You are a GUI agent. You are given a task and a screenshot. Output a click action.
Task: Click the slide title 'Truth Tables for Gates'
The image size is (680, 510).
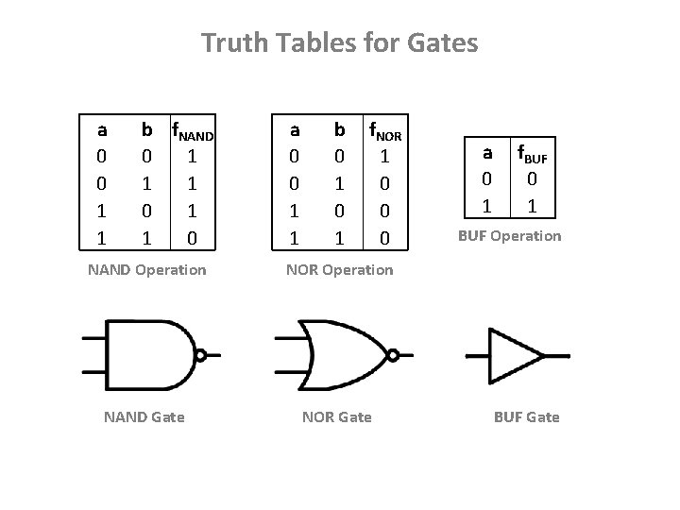[x=340, y=42]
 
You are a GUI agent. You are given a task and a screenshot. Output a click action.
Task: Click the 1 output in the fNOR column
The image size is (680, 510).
[x=384, y=155]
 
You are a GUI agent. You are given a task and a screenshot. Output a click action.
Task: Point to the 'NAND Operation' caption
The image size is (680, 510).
[x=146, y=270]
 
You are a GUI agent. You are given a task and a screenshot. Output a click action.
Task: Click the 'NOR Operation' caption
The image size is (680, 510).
[x=339, y=270]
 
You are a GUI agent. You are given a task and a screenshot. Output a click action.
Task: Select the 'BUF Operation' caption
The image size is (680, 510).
[x=510, y=236]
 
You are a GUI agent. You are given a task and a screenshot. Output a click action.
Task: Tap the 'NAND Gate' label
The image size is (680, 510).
[x=144, y=416]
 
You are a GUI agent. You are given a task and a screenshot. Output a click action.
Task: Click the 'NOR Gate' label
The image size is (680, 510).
[x=336, y=416]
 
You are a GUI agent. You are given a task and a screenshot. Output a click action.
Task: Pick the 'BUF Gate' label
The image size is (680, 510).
[x=527, y=416]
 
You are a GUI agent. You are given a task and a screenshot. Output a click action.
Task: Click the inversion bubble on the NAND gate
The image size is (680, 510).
[x=200, y=355]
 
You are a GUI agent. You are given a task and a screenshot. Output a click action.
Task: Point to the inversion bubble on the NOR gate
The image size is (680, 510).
[x=393, y=355]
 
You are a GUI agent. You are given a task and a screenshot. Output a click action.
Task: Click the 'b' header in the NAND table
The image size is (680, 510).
[x=146, y=128]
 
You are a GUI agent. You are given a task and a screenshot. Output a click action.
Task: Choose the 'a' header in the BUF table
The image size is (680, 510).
[x=487, y=152]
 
